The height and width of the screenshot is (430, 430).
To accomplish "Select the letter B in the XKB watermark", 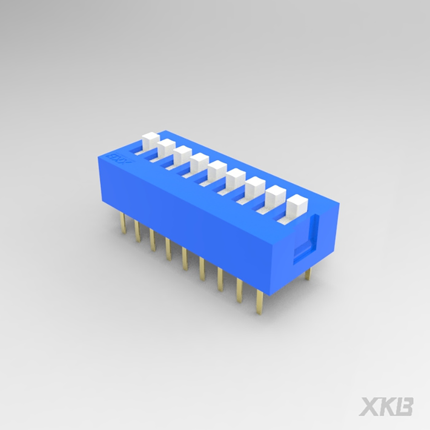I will point(404,406).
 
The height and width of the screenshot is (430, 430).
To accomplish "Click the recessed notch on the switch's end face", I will point(306,236).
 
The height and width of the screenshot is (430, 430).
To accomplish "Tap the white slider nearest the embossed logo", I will point(150,140).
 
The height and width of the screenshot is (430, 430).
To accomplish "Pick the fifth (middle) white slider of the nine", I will point(217,170).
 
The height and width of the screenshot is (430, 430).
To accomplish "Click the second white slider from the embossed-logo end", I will point(166,148).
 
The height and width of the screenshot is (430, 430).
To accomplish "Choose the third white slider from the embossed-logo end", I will point(183,155).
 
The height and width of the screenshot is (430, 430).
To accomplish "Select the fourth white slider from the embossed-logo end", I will point(199,162).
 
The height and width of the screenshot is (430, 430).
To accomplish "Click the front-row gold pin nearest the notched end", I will point(259,302).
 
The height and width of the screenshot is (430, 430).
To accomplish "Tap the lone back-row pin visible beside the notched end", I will point(308,274).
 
